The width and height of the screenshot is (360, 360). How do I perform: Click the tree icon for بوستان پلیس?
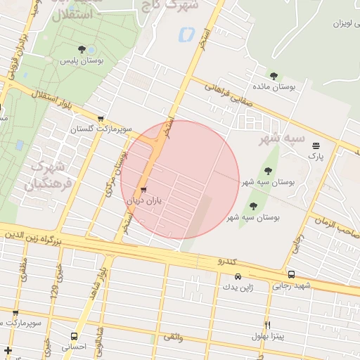[83, 49]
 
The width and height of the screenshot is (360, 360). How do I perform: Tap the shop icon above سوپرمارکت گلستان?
[101, 119]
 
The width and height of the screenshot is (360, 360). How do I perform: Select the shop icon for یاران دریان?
[144, 190]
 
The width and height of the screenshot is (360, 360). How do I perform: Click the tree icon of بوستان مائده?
[273, 76]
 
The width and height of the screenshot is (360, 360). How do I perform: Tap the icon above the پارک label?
[315, 145]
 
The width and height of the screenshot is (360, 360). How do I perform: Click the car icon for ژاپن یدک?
[238, 276]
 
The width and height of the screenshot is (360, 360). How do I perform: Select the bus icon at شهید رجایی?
[291, 275]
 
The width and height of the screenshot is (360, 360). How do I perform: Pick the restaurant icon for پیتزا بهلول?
[268, 325]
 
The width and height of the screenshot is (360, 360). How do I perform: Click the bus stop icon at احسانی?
[75, 337]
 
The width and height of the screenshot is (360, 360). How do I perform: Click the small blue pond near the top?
[186, 34]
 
